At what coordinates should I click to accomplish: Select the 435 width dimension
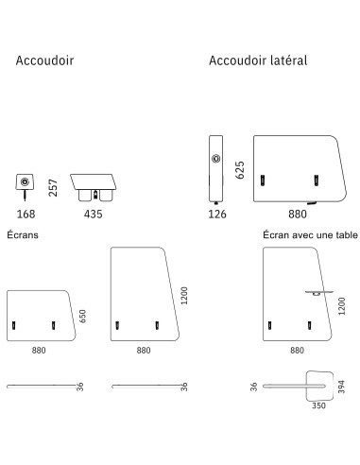[x=94, y=215]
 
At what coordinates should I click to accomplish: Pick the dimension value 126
[x=216, y=215]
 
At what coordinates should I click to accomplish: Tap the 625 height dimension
[x=240, y=169]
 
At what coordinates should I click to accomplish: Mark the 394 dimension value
[x=343, y=387]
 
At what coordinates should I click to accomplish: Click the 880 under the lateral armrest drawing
[x=297, y=215]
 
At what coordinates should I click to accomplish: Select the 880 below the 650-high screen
[x=38, y=350]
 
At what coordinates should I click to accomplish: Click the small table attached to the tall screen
[x=314, y=293]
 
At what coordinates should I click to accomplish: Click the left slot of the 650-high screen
[x=14, y=325]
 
